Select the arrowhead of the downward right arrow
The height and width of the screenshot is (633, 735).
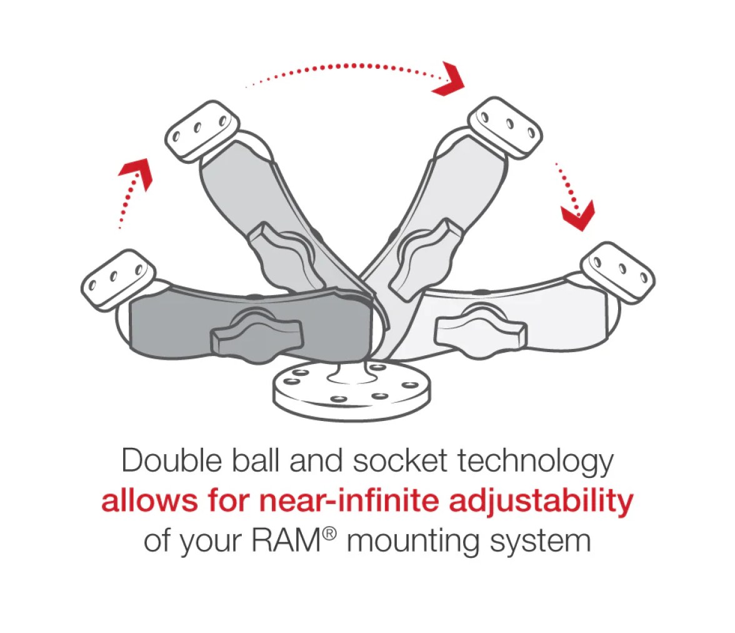[579, 216]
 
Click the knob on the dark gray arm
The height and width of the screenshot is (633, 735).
[256, 334]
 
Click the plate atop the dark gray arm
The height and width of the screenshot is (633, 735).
[117, 279]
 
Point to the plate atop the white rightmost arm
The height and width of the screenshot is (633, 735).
[617, 272]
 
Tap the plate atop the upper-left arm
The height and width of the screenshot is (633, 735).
[202, 131]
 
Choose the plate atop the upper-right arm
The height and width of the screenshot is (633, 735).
[506, 128]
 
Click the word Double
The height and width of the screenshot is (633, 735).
[171, 460]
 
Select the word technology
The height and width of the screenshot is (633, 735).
[535, 462]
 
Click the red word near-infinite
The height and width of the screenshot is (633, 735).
[349, 500]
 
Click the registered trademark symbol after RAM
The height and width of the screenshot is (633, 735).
[329, 534]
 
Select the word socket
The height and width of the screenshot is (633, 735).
[400, 460]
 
